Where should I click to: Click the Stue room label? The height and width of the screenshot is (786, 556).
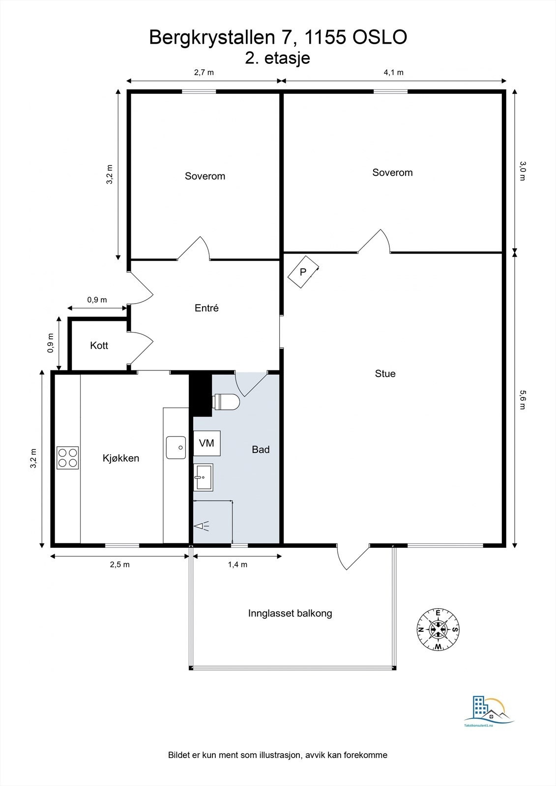point(385,373)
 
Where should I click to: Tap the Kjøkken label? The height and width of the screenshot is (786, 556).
point(121,458)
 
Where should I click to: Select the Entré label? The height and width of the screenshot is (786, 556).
point(206,308)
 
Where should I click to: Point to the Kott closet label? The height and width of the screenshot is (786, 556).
point(99,345)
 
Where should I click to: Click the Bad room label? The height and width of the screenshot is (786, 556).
point(261,449)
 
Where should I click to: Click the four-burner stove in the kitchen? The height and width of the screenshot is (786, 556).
point(67,458)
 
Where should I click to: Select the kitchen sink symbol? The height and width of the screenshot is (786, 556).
point(176,448)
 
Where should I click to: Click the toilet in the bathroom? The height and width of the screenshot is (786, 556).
point(226,401)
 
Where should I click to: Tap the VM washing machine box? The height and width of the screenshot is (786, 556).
point(207,443)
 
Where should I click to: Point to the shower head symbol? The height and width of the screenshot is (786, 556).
point(201,526)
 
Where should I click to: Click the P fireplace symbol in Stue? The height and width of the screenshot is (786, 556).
point(303,272)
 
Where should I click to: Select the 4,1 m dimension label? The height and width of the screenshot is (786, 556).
point(393,73)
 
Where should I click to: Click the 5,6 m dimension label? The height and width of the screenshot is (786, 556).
point(523,400)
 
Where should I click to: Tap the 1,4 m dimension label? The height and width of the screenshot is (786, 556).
point(237,564)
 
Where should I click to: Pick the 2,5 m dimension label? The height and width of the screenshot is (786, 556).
point(120,564)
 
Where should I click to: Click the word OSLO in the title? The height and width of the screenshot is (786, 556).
point(380,37)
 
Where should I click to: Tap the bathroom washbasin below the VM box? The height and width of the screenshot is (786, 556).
point(204,477)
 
